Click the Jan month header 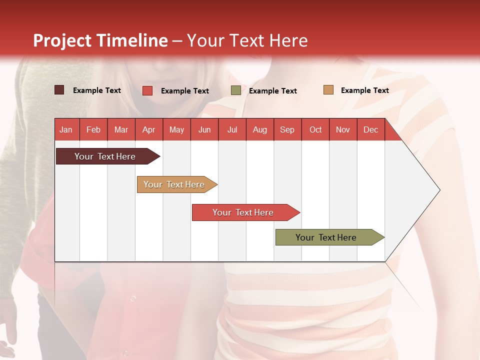pos(66,129)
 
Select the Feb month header pos(93,129)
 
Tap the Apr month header pos(149,129)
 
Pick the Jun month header pos(204,129)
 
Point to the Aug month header pos(260,129)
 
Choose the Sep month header pos(287,129)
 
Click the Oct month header pos(315,129)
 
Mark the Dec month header pos(371,129)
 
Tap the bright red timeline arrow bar pos(243,212)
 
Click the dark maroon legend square pos(59,90)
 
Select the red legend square pos(147,90)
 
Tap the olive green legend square pos(236,90)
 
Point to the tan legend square pos(328,90)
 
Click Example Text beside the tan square pos(365,90)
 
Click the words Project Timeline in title pos(100,40)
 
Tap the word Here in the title pos(288,40)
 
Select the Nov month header pos(343,129)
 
